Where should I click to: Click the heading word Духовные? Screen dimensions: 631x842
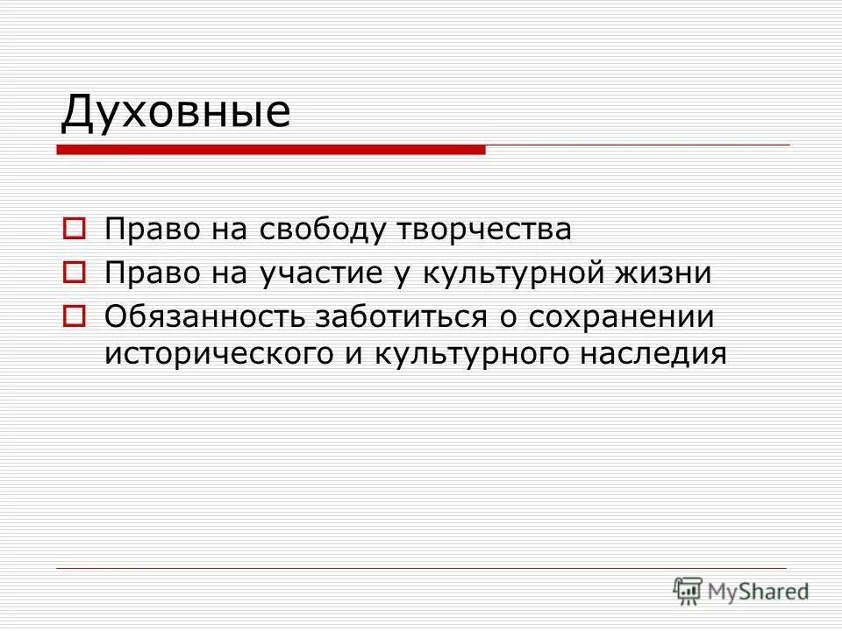pos(175,113)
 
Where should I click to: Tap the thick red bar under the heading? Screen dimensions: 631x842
pos(271,150)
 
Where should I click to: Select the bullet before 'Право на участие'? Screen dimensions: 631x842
pos(75,273)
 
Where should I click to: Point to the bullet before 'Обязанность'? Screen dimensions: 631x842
pos(75,315)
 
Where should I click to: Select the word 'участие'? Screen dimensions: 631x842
pos(315,273)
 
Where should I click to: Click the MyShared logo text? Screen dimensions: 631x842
pos(759,592)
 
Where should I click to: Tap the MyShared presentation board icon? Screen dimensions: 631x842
pos(689,591)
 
